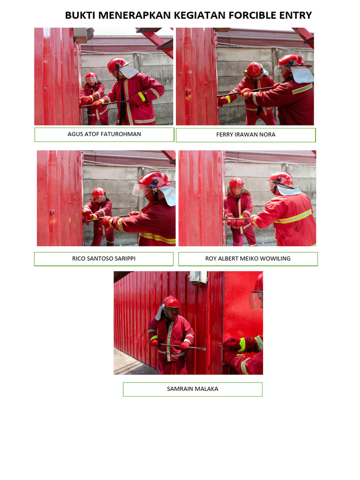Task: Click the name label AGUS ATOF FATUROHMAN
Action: (104, 134)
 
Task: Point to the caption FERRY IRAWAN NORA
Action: (246, 135)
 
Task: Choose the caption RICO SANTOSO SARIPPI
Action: (104, 258)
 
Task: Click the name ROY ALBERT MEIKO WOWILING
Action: (248, 258)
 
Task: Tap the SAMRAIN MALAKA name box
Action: (192, 389)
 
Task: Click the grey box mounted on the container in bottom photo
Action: (198, 277)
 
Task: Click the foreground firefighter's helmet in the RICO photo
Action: (154, 180)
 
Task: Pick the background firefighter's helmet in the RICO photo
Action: (98, 193)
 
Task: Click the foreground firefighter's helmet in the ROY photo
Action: (281, 179)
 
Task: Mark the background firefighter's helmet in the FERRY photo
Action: (255, 69)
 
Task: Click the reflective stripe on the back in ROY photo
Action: (293, 217)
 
